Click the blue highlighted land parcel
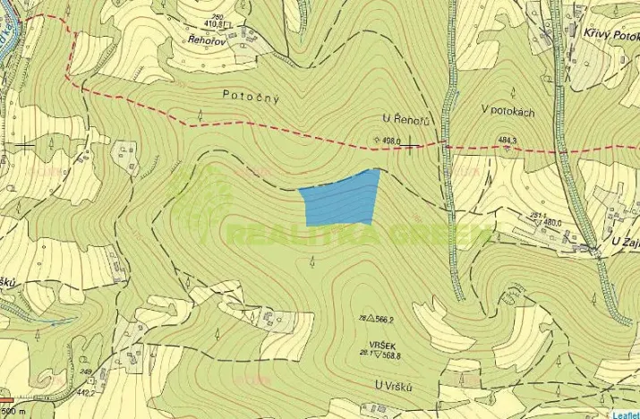click(341, 200)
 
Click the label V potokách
click(508, 109)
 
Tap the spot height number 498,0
click(390, 141)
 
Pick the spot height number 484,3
click(508, 140)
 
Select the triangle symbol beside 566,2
click(368, 317)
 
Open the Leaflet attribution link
click(625, 414)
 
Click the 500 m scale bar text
click(13, 414)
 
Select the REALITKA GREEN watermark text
click(358, 235)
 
